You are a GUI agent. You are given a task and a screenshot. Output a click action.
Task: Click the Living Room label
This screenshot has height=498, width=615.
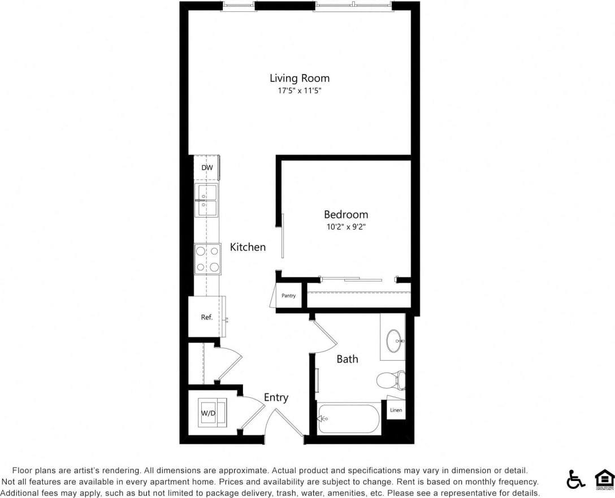coord(299,78)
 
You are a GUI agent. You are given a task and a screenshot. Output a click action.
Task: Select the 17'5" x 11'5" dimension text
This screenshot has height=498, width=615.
coord(299,90)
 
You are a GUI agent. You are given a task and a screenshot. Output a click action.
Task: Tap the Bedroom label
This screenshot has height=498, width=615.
coord(345,214)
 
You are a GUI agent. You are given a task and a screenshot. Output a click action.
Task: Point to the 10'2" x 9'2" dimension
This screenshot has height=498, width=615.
coord(345,227)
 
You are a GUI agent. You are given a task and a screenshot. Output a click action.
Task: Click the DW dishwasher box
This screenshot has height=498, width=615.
coord(207,168)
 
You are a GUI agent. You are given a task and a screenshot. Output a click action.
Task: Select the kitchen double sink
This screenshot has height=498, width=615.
coord(206,200)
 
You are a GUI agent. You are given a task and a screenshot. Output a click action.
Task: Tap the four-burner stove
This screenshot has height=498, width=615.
coord(207,259)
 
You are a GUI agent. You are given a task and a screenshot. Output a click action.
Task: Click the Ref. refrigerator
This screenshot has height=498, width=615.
coord(207,317)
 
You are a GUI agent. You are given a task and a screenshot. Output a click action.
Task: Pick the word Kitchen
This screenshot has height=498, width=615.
coord(248,247)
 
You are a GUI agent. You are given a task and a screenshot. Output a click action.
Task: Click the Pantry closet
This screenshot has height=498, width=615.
coord(289,296)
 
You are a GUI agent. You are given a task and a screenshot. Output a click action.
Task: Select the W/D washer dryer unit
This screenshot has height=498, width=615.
coord(211,413)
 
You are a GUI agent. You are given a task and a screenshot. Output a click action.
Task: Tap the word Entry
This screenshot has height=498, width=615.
coord(276,397)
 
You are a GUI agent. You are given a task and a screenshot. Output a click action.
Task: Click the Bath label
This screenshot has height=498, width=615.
coord(347,358)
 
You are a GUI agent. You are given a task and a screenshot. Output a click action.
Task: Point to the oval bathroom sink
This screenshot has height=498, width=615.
coord(395,341)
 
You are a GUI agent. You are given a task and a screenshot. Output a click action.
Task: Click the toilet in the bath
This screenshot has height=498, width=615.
coord(392,380)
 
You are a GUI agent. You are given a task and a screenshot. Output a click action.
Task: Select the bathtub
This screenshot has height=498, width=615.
coord(349,419)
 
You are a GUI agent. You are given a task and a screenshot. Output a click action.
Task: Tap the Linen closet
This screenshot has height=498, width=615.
coord(396,410)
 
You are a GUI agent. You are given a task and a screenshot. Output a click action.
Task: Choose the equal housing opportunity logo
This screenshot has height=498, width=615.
coord(604,479)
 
